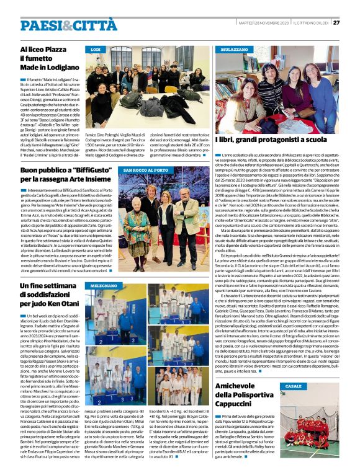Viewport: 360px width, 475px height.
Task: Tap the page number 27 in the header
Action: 336,22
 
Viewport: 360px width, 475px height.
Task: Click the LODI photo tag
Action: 96,48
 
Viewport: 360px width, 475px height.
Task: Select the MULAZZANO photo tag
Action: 233,48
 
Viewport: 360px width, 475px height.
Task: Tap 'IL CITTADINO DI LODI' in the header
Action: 310,22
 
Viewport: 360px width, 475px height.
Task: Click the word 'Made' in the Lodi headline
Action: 29,67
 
